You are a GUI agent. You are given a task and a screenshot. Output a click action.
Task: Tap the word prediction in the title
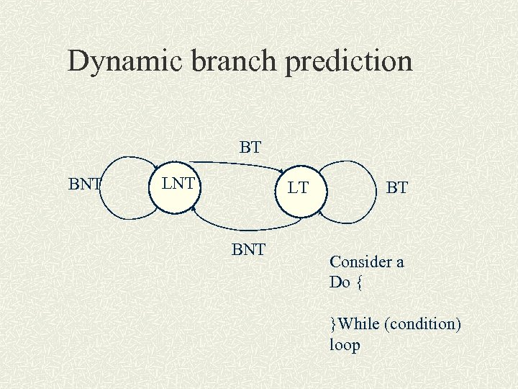tap(349, 63)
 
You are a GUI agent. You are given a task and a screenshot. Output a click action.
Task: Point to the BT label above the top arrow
tap(250, 148)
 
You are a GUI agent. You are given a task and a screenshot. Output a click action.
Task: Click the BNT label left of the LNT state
tap(85, 184)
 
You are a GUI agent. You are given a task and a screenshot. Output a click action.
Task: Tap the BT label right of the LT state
tap(396, 189)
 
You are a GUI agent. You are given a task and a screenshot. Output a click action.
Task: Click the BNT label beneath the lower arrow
tap(249, 250)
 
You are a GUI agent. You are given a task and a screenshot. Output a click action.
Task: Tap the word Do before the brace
tap(340, 282)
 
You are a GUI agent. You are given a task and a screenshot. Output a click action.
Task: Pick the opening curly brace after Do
tap(360, 283)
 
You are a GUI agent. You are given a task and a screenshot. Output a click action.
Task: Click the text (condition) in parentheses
tap(423, 324)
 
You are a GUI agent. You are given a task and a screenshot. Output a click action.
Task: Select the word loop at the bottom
tap(345, 345)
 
